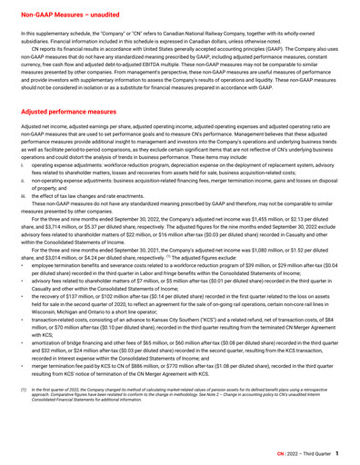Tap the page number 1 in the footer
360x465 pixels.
click(x=338, y=451)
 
